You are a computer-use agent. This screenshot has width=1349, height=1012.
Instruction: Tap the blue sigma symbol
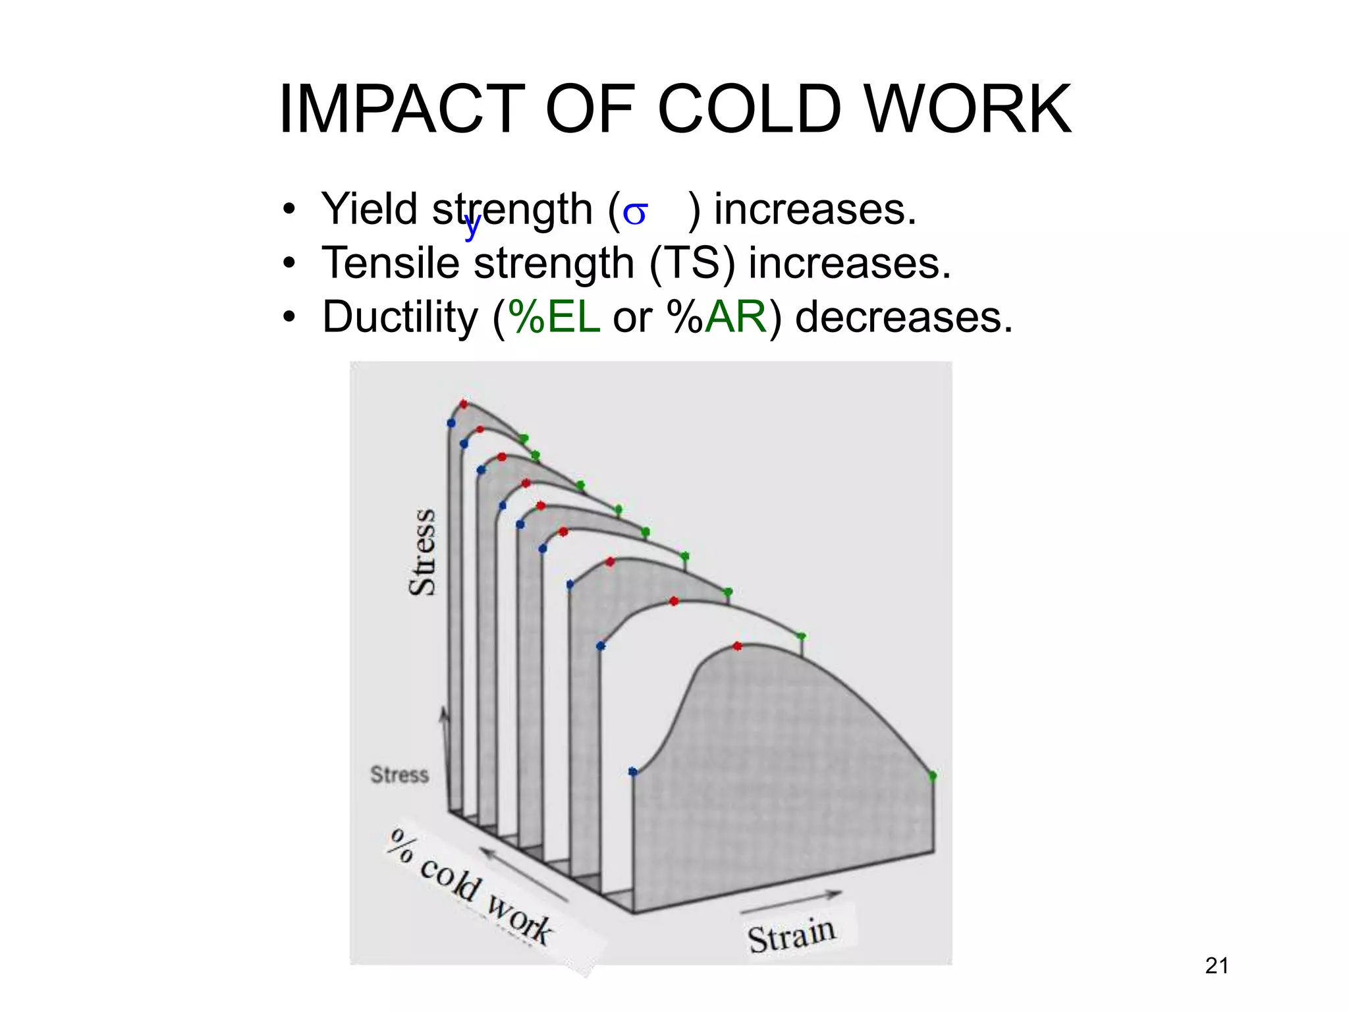(635, 213)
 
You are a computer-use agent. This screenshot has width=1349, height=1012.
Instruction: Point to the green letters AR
(736, 317)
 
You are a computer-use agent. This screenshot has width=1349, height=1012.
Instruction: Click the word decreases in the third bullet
(903, 317)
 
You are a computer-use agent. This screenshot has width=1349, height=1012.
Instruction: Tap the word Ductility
(400, 317)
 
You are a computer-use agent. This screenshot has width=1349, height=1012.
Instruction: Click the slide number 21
(1216, 966)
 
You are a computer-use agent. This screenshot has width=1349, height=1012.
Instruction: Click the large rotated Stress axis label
(422, 552)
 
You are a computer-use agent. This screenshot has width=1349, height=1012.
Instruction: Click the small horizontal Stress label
(399, 775)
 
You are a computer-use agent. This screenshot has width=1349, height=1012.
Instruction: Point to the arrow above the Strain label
(791, 903)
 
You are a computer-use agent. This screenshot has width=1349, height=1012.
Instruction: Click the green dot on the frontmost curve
(932, 776)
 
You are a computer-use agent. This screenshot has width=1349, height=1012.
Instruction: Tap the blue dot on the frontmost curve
(632, 771)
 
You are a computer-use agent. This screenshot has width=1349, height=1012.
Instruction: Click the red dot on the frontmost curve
(737, 646)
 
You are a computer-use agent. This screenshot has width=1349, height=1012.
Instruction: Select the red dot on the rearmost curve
(464, 404)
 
